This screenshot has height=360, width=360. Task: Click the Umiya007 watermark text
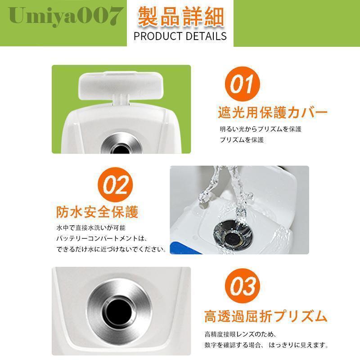tap(66, 16)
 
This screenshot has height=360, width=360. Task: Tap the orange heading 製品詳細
tap(181, 17)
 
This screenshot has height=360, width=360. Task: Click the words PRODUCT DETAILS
tap(180, 36)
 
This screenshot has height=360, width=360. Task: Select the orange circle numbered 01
tap(243, 84)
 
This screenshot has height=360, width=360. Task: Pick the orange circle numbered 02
tap(115, 185)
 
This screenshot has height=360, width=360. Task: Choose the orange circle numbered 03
tap(243, 286)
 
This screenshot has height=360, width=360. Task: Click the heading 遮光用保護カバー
tap(273, 112)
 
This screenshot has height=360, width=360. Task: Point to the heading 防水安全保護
tap(97, 211)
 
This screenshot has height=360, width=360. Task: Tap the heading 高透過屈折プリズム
tap(266, 316)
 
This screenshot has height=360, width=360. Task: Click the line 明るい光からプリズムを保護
tap(261, 129)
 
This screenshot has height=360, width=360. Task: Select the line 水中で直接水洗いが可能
tap(91, 228)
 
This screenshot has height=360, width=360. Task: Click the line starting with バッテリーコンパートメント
tap(102, 238)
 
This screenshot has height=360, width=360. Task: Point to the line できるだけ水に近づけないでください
tap(111, 249)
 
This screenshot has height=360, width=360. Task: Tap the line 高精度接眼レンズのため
tap(240, 334)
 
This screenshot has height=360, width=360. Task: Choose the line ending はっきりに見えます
tap(266, 345)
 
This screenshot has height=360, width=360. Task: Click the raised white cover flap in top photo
tap(121, 85)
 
